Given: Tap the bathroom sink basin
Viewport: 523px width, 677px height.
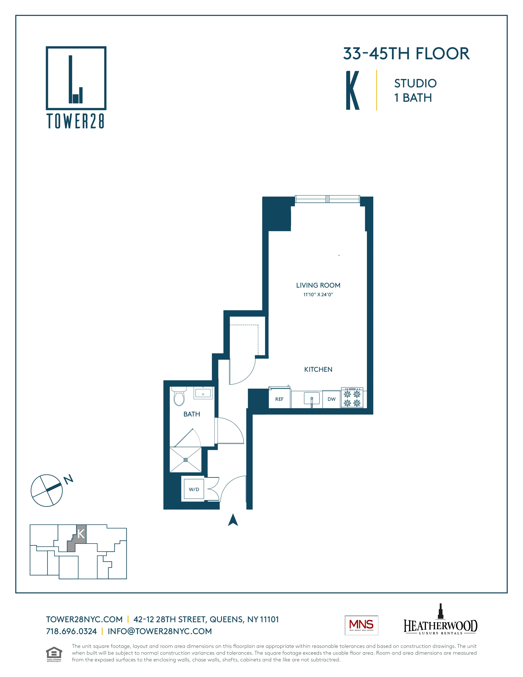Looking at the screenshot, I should coord(203,393).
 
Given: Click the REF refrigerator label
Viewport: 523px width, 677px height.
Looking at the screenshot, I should coord(279,399).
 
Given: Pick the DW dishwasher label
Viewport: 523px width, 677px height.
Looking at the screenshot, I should coord(331,399).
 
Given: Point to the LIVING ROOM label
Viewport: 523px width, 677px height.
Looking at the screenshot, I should coord(318,285).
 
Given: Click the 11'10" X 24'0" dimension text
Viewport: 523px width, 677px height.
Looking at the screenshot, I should coord(318,294).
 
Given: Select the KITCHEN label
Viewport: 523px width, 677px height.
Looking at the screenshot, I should coord(318,369).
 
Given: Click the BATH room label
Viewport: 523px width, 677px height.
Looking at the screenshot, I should coord(192,414).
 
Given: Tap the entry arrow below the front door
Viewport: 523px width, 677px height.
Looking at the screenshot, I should coord(233,520).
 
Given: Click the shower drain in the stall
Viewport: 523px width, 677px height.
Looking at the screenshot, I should coord(186,460).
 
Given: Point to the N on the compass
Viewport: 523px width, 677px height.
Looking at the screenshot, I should coord(69,479).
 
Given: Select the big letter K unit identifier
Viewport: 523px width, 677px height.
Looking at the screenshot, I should coord(353,90).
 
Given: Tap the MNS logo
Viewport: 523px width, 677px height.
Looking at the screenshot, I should coord(361,625).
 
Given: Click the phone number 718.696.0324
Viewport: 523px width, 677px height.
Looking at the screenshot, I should coord(71,631).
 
